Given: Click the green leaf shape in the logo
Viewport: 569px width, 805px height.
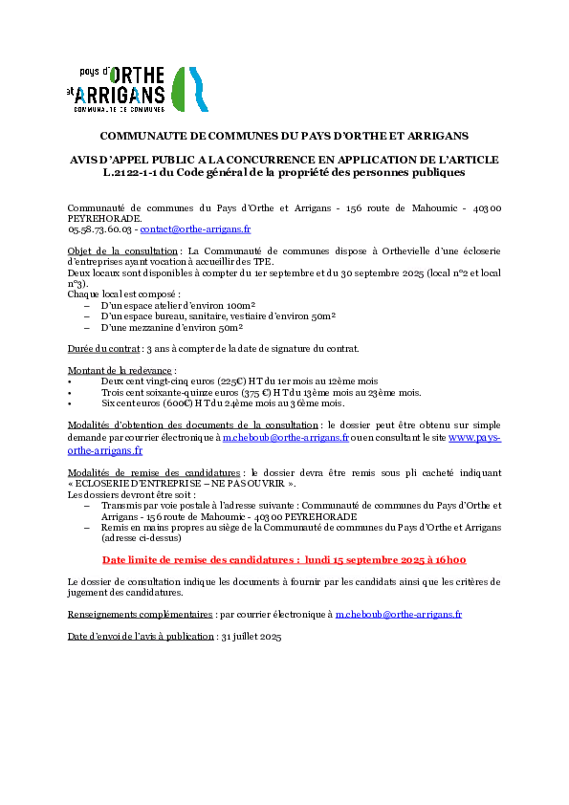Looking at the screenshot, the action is pos(178,90).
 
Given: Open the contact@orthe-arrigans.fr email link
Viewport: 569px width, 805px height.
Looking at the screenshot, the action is pos(195,229).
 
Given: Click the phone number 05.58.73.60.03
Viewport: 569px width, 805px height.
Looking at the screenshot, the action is pos(99,229).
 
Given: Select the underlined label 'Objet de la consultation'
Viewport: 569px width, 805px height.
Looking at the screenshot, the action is pos(122,251).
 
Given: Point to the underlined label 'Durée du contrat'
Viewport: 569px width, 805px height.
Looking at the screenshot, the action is pos(103,349).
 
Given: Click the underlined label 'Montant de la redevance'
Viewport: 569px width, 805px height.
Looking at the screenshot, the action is pos(120,371).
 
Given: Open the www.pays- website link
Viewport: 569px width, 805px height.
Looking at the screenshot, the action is pos(475,438).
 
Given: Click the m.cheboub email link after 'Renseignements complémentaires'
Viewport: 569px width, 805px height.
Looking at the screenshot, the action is pos(399,615).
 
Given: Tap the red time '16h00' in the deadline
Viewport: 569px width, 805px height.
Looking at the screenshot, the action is pos(450,560).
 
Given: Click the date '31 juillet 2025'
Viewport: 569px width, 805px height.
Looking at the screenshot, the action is pos(252,637).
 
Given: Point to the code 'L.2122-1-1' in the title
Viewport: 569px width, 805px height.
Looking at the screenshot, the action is pos(130,172).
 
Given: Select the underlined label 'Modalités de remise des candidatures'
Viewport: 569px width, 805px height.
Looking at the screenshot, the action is pos(154,473).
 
